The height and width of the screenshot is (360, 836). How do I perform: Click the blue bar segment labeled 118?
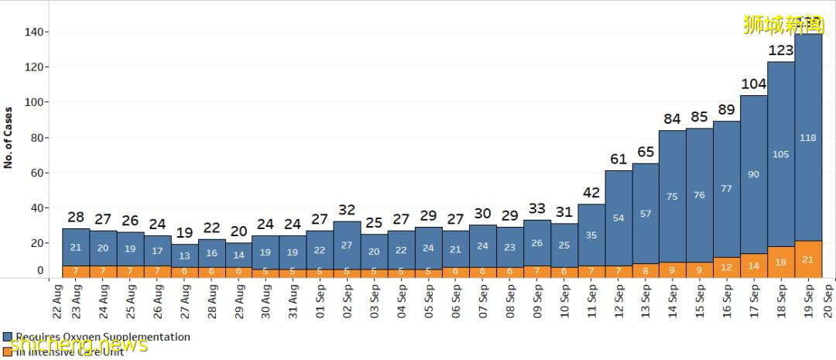pyautogui.click(x=808, y=138)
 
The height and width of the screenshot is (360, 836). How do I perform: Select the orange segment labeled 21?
pyautogui.click(x=808, y=259)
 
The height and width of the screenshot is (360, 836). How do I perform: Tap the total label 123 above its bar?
pyautogui.click(x=780, y=51)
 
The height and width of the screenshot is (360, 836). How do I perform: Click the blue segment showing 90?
pyautogui.click(x=753, y=175)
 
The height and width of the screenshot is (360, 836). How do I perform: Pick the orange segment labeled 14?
pyautogui.click(x=753, y=266)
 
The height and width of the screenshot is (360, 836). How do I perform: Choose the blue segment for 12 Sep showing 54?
pyautogui.click(x=618, y=218)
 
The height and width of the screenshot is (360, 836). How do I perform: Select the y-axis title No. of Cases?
pyautogui.click(x=9, y=137)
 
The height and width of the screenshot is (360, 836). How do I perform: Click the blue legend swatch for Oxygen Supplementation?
pyautogui.click(x=7, y=338)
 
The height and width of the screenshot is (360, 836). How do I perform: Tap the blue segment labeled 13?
pyautogui.click(x=184, y=256)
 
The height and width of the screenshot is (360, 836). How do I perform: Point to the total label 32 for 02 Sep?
pyautogui.click(x=348, y=211)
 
